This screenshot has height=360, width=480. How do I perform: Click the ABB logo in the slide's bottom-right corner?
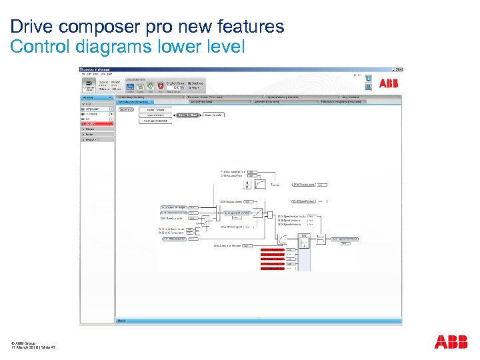(x=451, y=342)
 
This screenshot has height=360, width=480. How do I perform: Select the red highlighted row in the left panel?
(x=97, y=124)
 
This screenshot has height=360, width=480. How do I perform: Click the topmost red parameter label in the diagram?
(x=272, y=249)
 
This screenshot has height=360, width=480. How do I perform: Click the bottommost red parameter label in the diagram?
(x=272, y=269)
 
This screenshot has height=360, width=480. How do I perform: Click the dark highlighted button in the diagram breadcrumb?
(x=187, y=115)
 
